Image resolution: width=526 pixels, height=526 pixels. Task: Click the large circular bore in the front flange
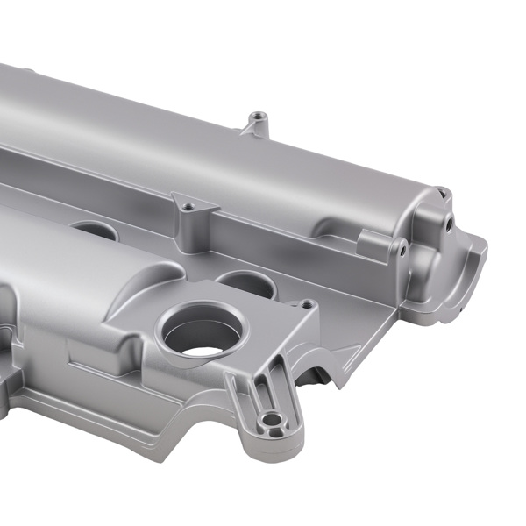(203, 334)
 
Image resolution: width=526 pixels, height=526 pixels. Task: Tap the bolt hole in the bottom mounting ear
(274, 420)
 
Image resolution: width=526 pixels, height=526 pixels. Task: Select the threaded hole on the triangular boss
(188, 208)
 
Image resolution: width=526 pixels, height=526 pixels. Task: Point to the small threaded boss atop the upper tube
(257, 117)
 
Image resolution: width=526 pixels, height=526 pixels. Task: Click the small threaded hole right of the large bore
(306, 304)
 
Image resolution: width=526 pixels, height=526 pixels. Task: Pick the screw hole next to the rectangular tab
(402, 249)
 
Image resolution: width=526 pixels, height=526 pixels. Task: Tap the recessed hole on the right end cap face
(450, 224)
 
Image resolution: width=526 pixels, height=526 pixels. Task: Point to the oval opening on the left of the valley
(95, 230)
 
